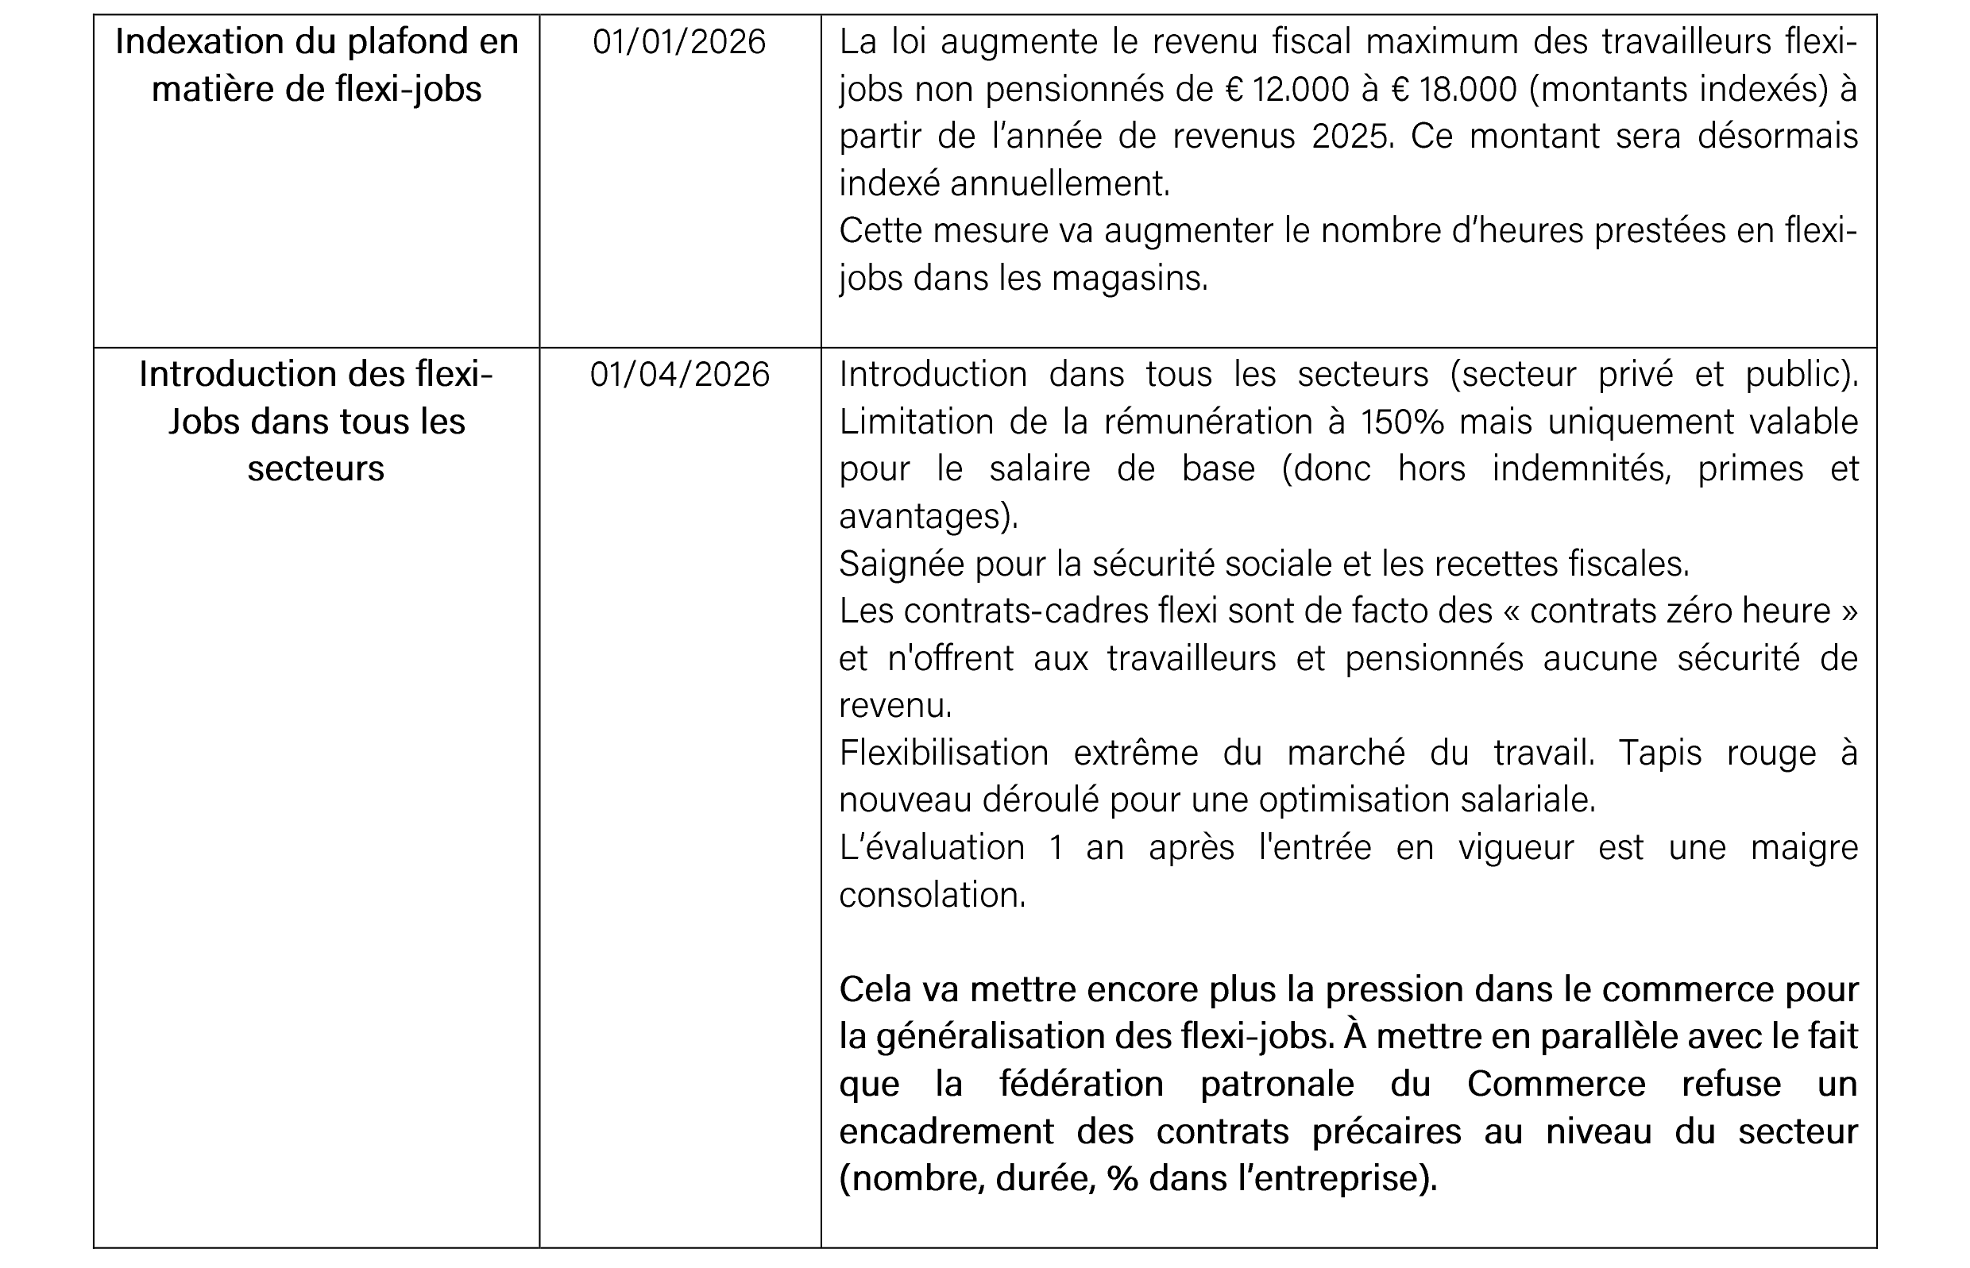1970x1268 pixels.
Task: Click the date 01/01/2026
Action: point(678,42)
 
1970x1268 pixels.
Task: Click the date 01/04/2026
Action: point(679,375)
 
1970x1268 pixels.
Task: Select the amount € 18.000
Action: point(1454,90)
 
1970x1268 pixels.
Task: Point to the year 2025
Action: point(1350,137)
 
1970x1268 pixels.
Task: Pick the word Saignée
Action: point(902,564)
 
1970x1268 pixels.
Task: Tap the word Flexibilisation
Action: point(944,753)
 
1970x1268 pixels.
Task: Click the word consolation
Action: point(932,895)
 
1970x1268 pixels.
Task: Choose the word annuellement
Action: point(1059,184)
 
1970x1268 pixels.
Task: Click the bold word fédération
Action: point(1081,1085)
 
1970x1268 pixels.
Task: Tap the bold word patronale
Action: point(1277,1085)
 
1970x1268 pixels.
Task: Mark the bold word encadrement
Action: point(946,1132)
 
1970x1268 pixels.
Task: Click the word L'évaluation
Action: point(932,848)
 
